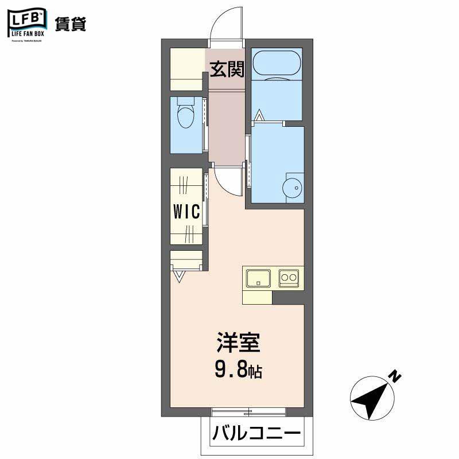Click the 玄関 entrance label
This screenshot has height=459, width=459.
pyautogui.click(x=227, y=69)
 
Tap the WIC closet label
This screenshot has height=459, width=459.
pyautogui.click(x=187, y=212)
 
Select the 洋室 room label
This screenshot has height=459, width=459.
pyautogui.click(x=239, y=343)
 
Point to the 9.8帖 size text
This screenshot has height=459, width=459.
pyautogui.click(x=239, y=371)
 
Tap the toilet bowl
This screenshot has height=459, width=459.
pyautogui.click(x=185, y=118)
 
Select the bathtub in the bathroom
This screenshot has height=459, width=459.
pyautogui.click(x=277, y=64)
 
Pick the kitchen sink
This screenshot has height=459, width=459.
pyautogui.click(x=259, y=278)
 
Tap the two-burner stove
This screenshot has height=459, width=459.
pyautogui.click(x=288, y=278)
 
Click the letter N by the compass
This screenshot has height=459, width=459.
pyautogui.click(x=395, y=376)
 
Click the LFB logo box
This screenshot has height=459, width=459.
pyautogui.click(x=26, y=21)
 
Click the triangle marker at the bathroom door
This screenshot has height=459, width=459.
pyautogui.click(x=259, y=115)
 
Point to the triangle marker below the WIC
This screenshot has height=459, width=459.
pyautogui.click(x=180, y=277)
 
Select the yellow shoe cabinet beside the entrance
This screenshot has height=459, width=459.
pyautogui.click(x=188, y=69)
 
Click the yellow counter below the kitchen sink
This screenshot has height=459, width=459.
pyautogui.click(x=257, y=297)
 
